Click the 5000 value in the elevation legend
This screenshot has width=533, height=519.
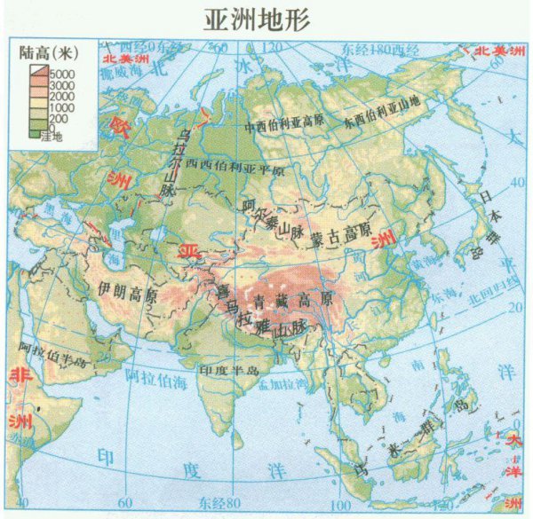[x=63, y=72]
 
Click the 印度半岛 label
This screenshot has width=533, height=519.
[x=228, y=367]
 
